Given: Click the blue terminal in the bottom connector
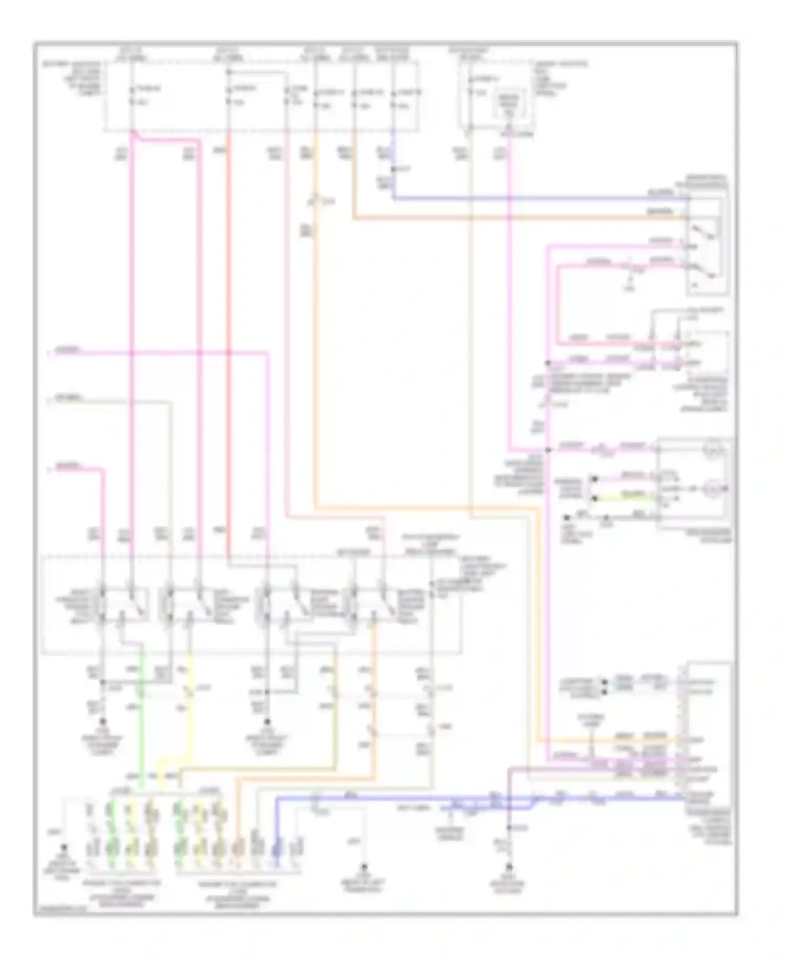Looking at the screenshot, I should [277, 847].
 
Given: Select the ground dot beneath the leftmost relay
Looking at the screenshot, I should [103, 722].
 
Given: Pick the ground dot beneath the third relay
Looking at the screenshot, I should [267, 722].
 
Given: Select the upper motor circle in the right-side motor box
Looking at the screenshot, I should [713, 451].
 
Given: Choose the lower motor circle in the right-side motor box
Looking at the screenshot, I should [713, 489].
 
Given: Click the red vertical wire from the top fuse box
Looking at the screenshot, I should [228, 314].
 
